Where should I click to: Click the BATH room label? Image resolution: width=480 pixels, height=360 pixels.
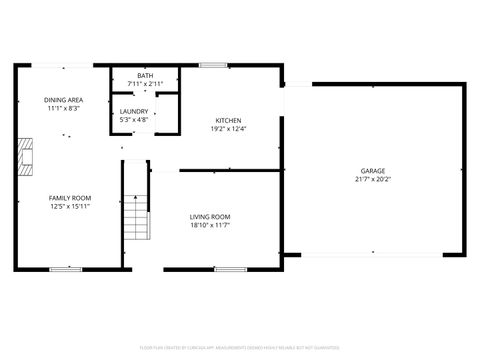click(x=145, y=76)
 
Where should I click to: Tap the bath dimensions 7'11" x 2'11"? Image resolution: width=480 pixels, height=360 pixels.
click(x=145, y=85)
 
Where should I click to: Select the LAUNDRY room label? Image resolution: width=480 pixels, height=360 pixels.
click(x=134, y=111)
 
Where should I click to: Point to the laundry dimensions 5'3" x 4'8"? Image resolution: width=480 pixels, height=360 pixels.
click(x=134, y=120)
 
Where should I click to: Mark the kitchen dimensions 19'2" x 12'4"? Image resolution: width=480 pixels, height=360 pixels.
click(x=228, y=128)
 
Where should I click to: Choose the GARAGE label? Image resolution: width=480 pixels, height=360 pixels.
click(x=373, y=171)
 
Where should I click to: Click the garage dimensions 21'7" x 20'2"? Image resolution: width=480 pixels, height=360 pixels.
click(x=373, y=180)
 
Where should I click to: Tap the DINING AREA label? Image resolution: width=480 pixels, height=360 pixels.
click(x=62, y=99)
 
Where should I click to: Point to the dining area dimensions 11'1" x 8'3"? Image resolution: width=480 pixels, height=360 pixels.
click(x=62, y=108)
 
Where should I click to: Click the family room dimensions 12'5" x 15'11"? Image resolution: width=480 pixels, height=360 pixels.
click(x=70, y=206)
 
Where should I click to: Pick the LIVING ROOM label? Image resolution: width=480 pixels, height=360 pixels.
click(x=210, y=217)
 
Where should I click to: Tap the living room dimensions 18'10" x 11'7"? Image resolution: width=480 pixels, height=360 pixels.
click(x=210, y=226)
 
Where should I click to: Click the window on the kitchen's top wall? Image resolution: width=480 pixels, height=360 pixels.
click(x=213, y=66)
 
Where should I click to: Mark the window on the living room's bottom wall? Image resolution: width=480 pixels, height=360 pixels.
click(x=231, y=268)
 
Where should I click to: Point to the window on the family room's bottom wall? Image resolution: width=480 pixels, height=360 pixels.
click(x=66, y=268)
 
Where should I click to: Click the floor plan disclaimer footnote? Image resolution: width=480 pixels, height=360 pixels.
click(x=239, y=347)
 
